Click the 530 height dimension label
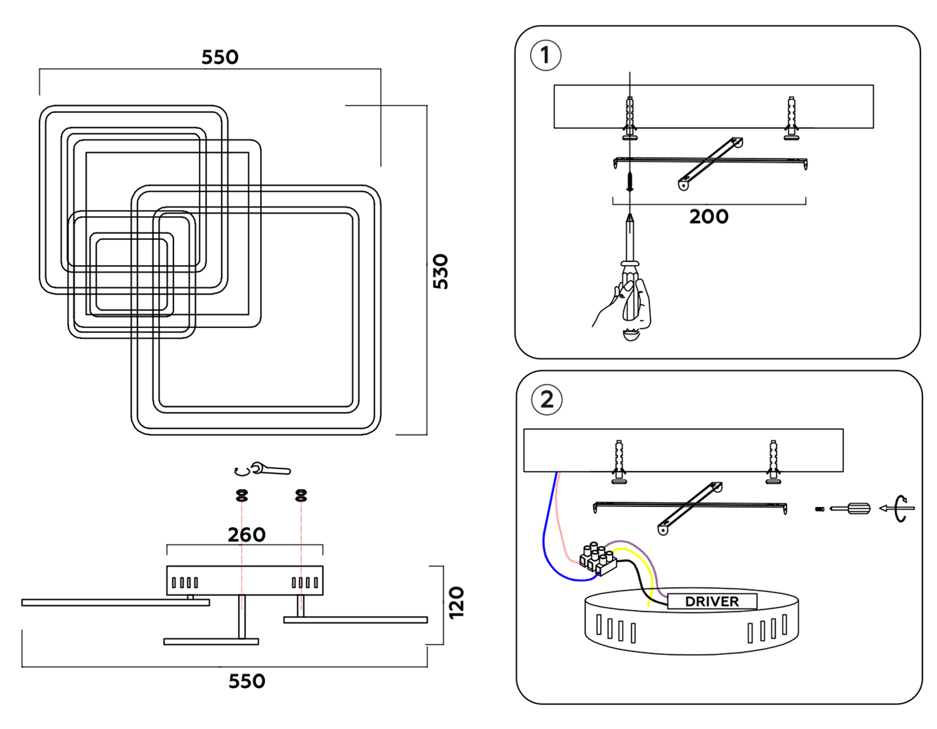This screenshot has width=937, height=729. [440, 271]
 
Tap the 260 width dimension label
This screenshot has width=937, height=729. [247, 535]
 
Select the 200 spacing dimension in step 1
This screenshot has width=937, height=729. [708, 217]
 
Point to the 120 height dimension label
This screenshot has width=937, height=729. [456, 602]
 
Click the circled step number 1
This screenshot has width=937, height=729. [545, 55]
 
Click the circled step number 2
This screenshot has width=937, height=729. [547, 400]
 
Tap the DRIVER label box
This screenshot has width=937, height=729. [712, 601]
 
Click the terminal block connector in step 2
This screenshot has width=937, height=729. [598, 559]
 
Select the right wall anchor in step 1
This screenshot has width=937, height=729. [791, 118]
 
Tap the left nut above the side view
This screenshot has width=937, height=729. [242, 495]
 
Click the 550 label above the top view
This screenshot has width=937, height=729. [220, 57]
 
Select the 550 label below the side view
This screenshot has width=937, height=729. [247, 681]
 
